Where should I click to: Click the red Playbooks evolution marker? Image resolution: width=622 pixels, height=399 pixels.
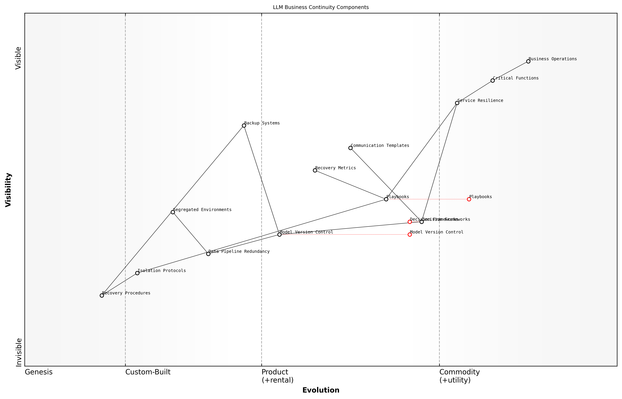point(469,199)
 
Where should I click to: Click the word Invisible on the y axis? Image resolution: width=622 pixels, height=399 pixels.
point(18,352)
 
